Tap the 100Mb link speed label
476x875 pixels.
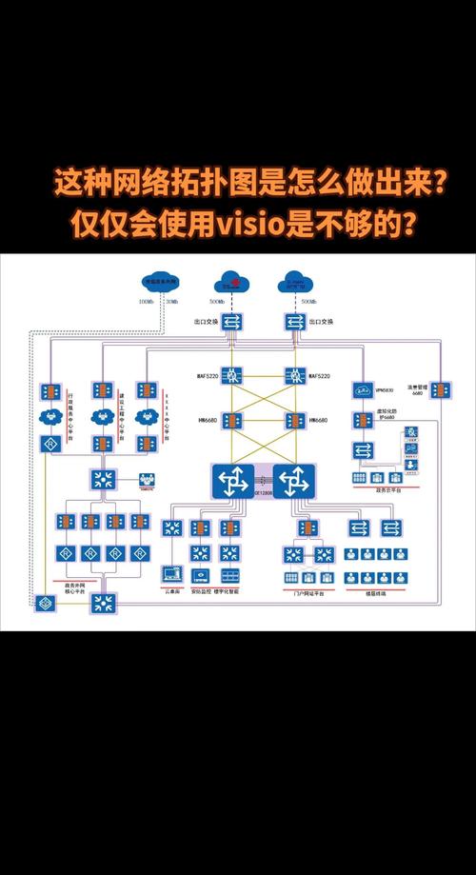point(146,302)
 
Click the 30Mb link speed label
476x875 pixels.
point(170,302)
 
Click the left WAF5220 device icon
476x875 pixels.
point(228,375)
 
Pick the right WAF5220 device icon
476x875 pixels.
point(294,375)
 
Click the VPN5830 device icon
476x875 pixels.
point(363,390)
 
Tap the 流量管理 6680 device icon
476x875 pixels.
point(440,390)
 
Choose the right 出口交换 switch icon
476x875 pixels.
point(294,323)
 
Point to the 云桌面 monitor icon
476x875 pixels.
point(172,575)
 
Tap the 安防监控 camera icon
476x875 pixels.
point(200,575)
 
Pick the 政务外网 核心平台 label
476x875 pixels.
point(73,588)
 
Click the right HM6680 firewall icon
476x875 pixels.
point(294,420)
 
